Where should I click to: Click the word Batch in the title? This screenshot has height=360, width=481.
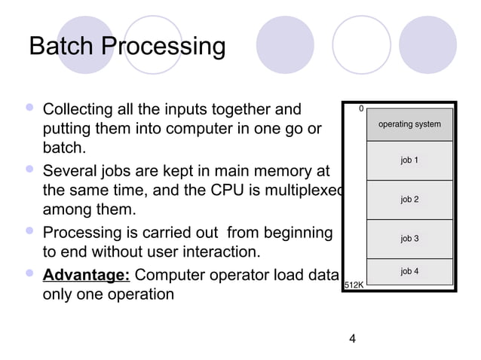62,47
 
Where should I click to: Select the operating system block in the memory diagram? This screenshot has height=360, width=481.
409,124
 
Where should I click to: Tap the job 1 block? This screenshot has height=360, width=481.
409,160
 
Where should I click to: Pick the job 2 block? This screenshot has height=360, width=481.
409,200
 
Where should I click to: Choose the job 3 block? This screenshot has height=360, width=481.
409,239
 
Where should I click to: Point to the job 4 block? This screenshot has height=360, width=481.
409,271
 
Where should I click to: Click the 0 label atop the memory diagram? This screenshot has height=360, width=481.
361,109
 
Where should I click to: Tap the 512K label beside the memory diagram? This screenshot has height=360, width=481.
354,285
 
